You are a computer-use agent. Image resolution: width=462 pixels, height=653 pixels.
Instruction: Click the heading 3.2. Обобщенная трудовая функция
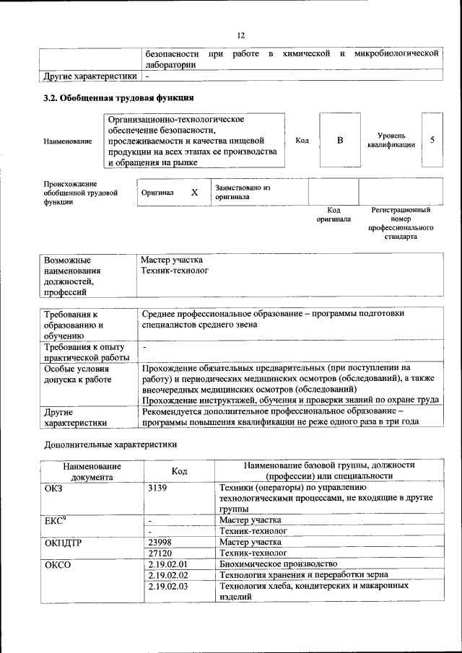(118, 97)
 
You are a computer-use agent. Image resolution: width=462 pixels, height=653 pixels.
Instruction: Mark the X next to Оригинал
(194, 193)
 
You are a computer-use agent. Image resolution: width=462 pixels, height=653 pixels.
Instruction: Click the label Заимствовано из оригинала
(242, 192)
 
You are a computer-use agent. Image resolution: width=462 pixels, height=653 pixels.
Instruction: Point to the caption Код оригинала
(334, 214)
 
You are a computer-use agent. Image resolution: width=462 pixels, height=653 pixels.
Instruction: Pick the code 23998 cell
(161, 541)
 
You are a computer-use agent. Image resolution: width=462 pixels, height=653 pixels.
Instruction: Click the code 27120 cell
(161, 552)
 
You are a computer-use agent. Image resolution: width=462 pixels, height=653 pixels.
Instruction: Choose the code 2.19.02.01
(167, 564)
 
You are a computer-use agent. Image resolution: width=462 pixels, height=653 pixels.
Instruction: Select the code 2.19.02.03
(167, 586)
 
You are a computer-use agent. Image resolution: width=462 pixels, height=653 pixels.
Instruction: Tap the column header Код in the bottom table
(179, 471)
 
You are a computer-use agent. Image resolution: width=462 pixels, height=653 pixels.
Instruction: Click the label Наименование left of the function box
(68, 141)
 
